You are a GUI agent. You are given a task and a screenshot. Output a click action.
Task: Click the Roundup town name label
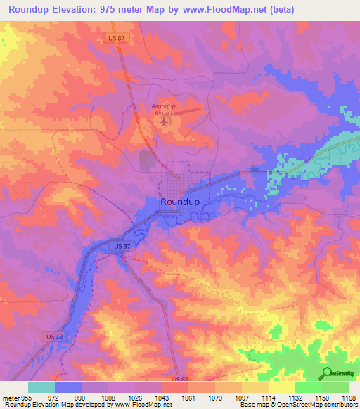click(180, 202)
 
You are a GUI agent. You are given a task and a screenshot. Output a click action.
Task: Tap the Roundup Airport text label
click(162, 109)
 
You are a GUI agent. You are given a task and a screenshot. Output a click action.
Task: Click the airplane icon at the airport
click(165, 121)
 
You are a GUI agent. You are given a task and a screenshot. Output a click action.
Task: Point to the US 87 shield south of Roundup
click(122, 246)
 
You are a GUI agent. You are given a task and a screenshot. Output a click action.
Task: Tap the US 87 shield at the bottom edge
click(179, 379)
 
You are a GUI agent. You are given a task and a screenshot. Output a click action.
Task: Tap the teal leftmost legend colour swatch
click(41, 387)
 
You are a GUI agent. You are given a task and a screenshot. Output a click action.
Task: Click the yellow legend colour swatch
click(281, 387)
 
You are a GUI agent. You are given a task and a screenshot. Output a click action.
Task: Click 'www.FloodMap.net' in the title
click(228, 10)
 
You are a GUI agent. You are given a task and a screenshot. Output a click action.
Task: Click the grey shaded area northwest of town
click(146, 160)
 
